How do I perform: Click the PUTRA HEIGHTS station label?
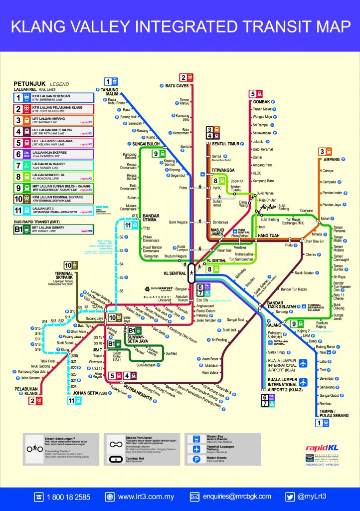(138, 386)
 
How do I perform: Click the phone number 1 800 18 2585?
(68, 497)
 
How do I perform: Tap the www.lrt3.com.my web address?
(146, 497)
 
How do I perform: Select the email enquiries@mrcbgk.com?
(237, 497)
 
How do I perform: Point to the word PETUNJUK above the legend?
(29, 83)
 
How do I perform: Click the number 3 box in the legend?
(19, 120)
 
